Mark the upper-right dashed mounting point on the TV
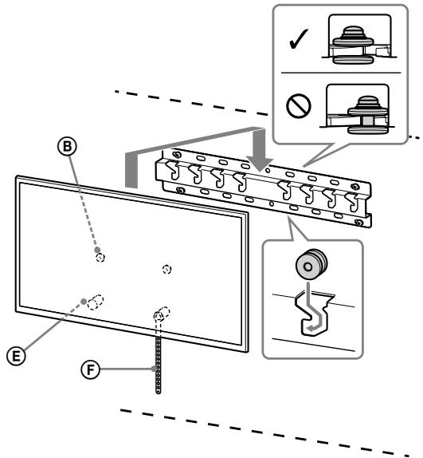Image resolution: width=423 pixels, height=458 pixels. point(166,269)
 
